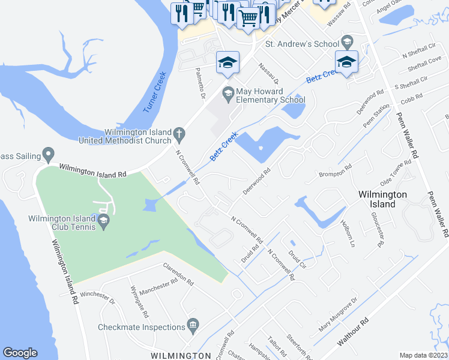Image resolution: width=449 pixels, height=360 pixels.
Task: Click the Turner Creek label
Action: [x=154, y=92]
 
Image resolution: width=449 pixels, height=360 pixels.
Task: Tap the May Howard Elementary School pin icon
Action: [x=228, y=93]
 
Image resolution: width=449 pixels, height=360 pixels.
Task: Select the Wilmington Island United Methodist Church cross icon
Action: [x=179, y=133]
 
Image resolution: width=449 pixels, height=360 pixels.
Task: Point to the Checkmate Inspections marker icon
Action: [x=193, y=326]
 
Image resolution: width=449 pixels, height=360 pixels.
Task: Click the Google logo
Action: [x=20, y=353]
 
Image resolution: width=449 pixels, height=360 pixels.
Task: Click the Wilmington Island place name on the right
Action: [x=382, y=199]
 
